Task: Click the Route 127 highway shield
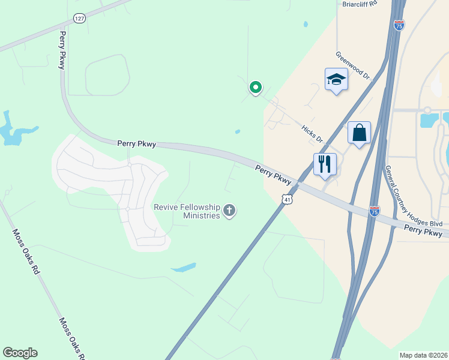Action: tap(79, 19)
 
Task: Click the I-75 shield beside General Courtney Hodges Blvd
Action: tap(375, 211)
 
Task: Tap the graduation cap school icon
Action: tap(336, 79)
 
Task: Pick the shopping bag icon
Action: tap(359, 133)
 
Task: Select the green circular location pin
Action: tap(255, 88)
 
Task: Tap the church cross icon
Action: tap(229, 211)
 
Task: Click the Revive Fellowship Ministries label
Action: tap(187, 211)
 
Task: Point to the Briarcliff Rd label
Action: tap(359, 3)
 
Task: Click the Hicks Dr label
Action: tap(312, 134)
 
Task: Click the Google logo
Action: tap(20, 353)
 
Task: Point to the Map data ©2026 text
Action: tap(423, 355)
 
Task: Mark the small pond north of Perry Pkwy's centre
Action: tap(238, 132)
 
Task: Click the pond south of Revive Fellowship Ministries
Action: tap(184, 267)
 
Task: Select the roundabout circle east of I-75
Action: tap(427, 110)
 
